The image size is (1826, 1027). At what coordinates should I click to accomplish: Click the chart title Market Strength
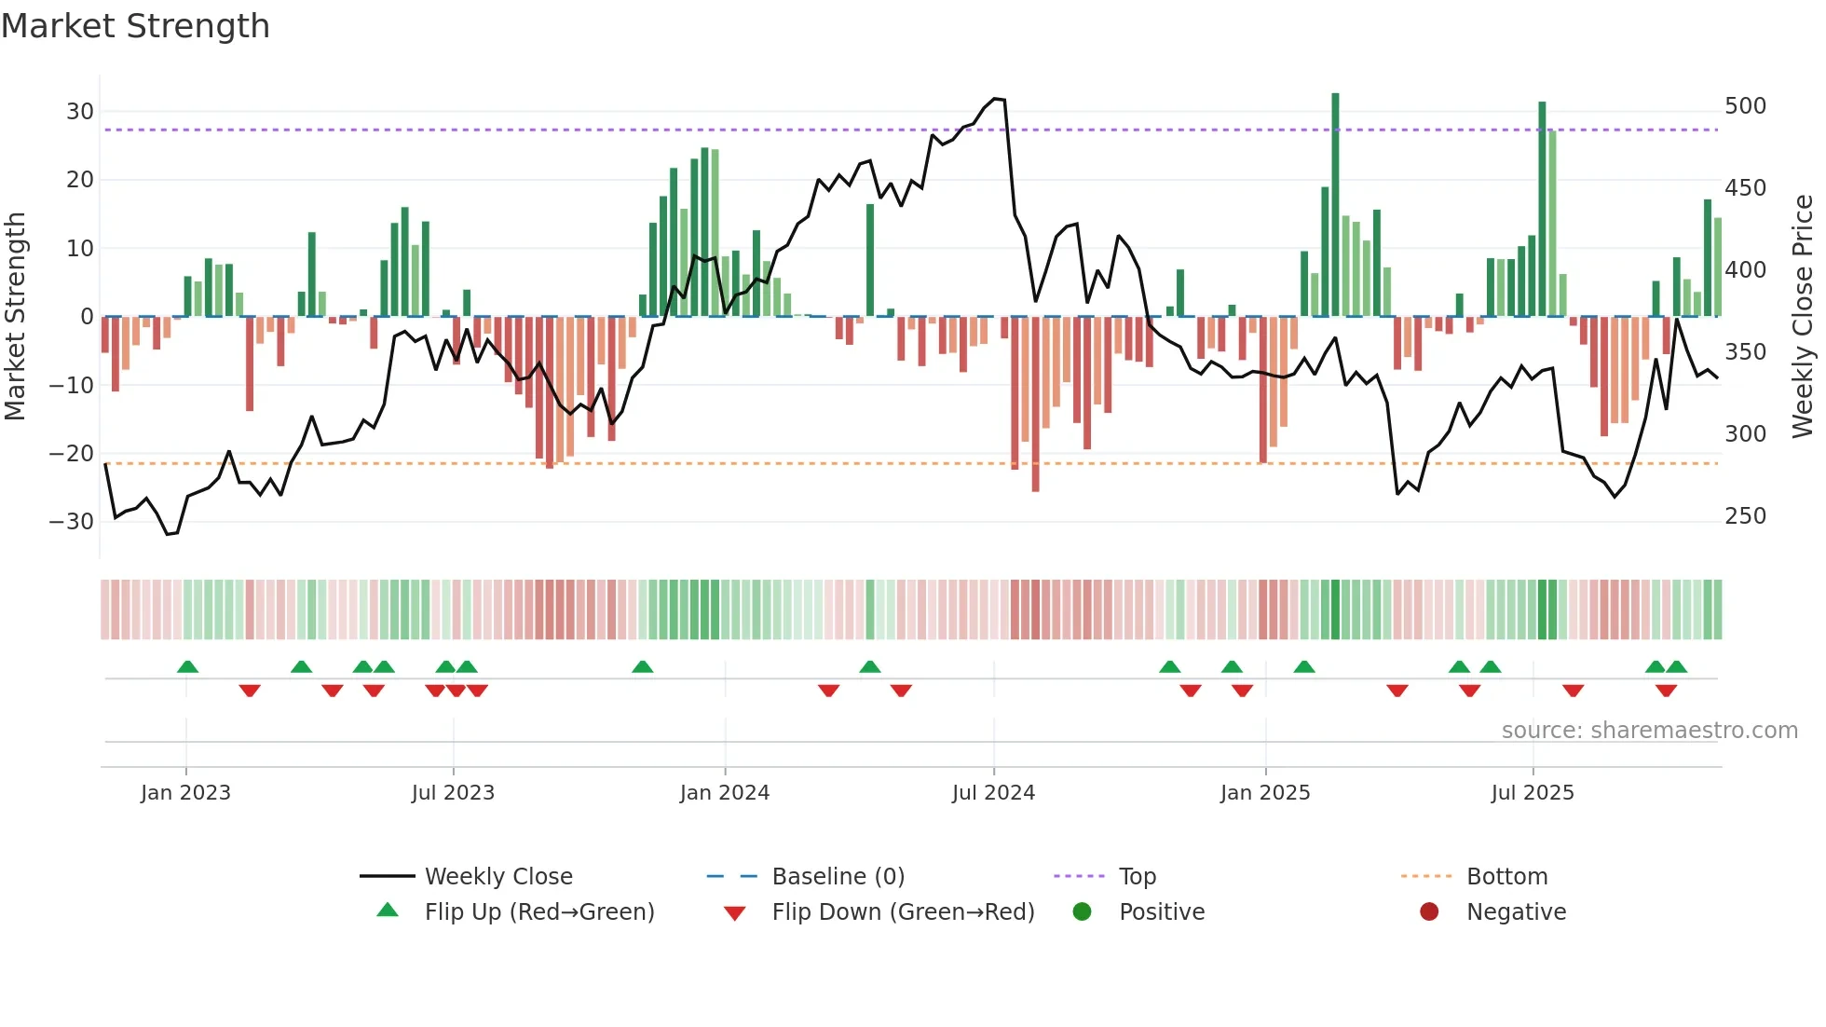pos(135,26)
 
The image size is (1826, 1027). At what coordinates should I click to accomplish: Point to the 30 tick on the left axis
pos(80,112)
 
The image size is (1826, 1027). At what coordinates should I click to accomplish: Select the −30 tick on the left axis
pos(73,521)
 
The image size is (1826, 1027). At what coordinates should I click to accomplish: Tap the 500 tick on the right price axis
pos(1745,106)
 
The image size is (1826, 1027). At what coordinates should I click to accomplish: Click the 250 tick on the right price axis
pos(1745,516)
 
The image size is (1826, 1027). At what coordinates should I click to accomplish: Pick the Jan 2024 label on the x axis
pos(724,793)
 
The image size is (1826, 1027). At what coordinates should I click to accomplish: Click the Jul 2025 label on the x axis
pos(1532,793)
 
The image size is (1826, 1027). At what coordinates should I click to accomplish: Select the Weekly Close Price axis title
pos(1803,317)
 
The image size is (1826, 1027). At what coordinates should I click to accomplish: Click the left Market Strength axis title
pos(15,317)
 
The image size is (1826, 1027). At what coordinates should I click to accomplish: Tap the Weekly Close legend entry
pos(498,877)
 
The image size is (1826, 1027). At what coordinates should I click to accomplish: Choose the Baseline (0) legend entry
pos(838,877)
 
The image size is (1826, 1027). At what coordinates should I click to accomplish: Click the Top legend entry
pos(1137,877)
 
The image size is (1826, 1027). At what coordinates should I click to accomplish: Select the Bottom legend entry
pos(1506,877)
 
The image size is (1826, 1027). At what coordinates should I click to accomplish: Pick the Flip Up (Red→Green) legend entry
pos(538,912)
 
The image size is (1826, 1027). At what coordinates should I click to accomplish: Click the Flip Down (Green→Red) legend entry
pos(903,912)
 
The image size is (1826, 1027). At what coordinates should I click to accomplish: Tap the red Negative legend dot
pos(1428,911)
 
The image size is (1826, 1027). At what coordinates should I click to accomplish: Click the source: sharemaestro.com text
pos(1649,731)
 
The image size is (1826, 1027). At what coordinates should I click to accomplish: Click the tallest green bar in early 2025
pos(1335,205)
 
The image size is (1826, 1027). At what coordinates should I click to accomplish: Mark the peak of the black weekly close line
pos(997,98)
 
